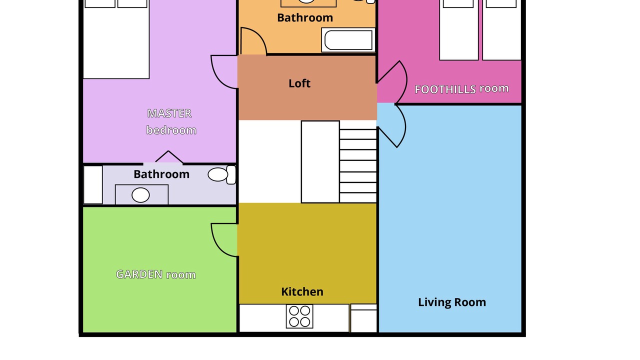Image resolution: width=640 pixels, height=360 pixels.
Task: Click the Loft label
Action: point(299,83)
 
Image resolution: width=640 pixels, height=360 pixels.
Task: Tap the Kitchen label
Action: point(302,291)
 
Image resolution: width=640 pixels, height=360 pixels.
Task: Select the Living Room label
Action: point(452,302)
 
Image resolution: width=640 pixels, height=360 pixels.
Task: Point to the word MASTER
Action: point(169,113)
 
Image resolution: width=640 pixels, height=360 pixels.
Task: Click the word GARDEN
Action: point(139,274)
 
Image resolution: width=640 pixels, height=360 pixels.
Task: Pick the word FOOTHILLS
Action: point(445,89)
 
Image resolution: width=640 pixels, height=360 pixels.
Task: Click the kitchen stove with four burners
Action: point(299,316)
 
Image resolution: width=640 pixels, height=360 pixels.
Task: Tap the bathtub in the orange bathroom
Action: point(348,40)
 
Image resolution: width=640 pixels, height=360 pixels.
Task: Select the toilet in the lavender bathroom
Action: point(222,174)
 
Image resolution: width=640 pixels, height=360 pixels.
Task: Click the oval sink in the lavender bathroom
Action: point(140,195)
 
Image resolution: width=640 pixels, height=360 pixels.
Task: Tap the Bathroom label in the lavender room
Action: point(161,174)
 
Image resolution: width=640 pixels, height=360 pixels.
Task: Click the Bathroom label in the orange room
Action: point(305,17)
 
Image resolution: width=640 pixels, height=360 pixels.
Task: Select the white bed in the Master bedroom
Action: point(116,39)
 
